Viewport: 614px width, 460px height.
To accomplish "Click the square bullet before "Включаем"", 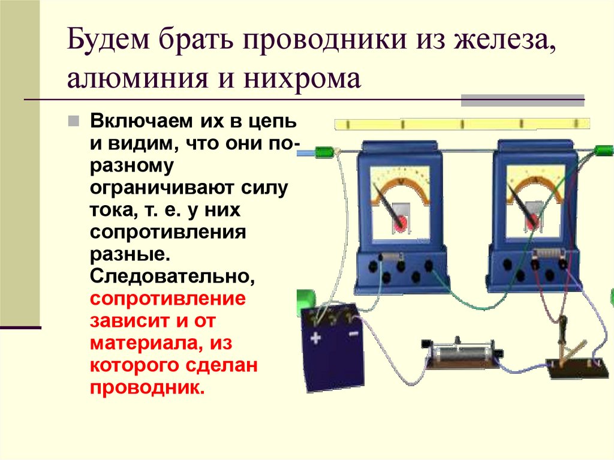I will click(73, 121).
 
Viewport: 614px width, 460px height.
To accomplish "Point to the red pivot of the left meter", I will click(399, 222).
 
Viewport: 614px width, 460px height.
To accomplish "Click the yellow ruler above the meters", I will click(462, 124).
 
